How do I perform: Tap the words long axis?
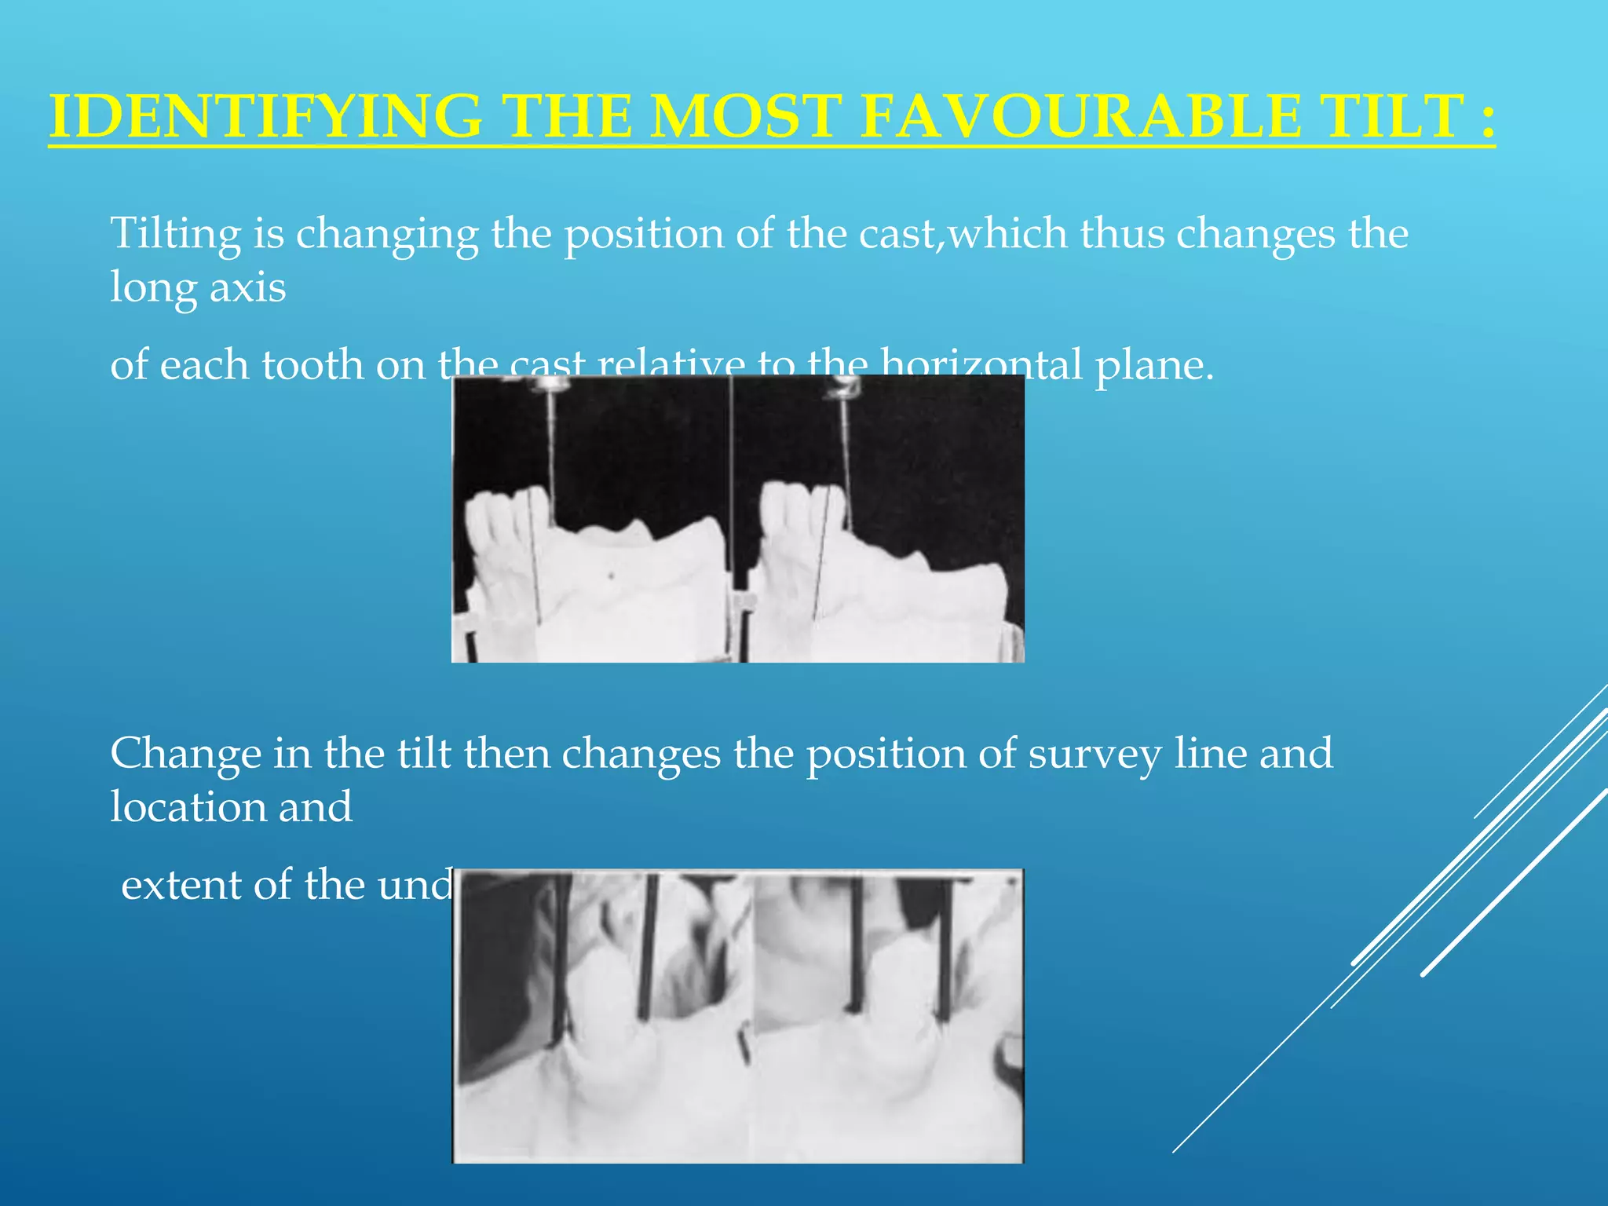198,287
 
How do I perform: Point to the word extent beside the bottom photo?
181,885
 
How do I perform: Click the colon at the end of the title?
1486,118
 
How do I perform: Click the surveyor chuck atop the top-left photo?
552,384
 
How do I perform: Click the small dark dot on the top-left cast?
612,576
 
